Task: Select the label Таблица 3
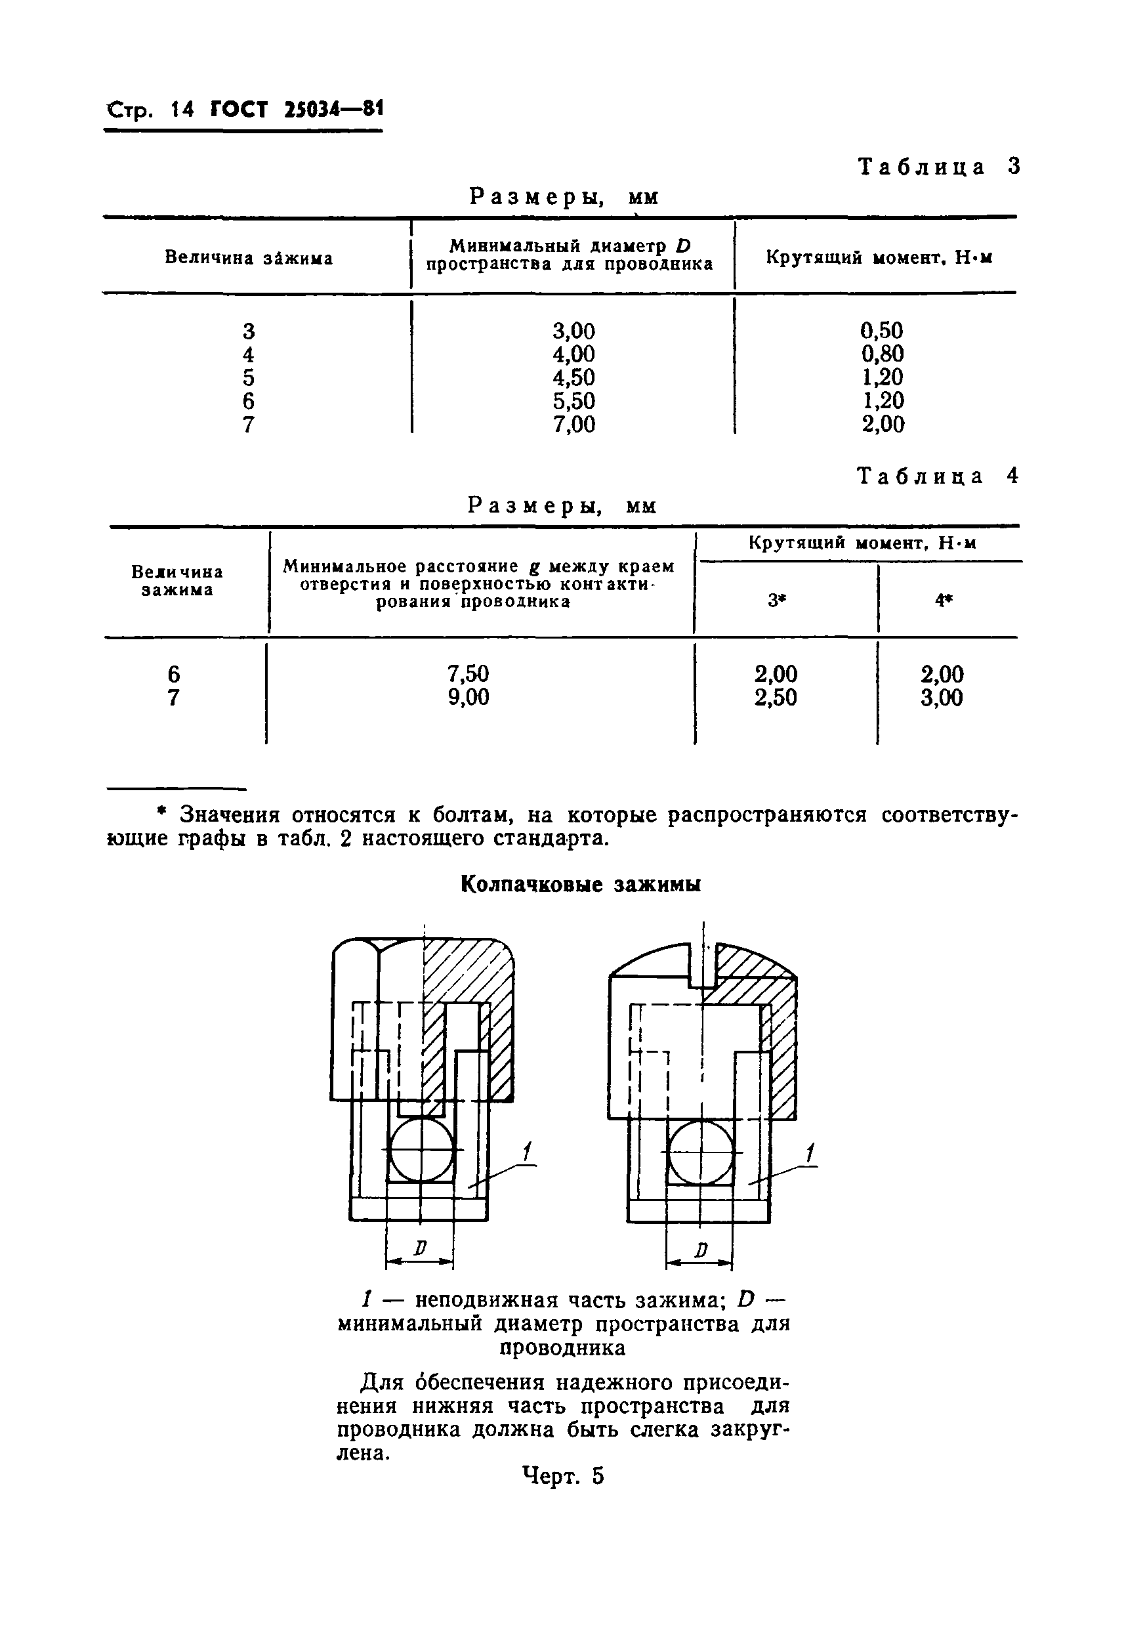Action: pyautogui.click(x=939, y=167)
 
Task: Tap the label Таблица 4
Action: pyautogui.click(x=938, y=477)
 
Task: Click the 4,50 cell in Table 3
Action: pyautogui.click(x=573, y=377)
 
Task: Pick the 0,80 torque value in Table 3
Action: pyautogui.click(x=883, y=354)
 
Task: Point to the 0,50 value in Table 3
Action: pyautogui.click(x=883, y=330)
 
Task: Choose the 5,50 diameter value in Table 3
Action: pyautogui.click(x=573, y=401)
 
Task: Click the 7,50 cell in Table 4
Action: pyautogui.click(x=468, y=674)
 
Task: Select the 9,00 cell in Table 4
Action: pyautogui.click(x=468, y=697)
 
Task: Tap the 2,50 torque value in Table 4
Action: pyautogui.click(x=776, y=697)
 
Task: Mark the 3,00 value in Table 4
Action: pyautogui.click(x=942, y=697)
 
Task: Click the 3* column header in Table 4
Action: pyautogui.click(x=776, y=600)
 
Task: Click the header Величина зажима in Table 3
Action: pyautogui.click(x=249, y=258)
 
